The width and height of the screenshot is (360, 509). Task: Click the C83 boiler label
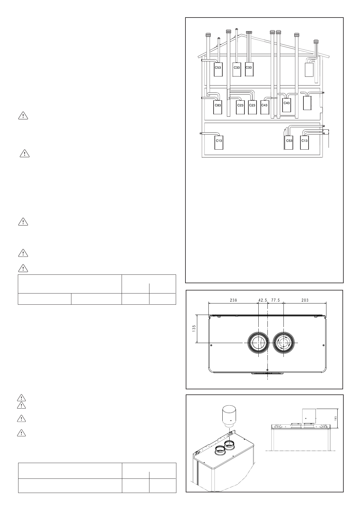pos(218,105)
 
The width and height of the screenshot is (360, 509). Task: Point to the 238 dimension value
pos(233,300)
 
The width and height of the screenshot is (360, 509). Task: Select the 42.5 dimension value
pos(263,300)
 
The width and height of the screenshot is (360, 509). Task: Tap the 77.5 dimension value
pos(276,300)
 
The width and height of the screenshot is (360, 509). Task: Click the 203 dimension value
pos(305,300)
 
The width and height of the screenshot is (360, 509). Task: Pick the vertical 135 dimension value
pos(194,328)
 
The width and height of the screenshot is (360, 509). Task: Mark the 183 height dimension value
pos(336,418)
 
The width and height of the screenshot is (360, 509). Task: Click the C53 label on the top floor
pos(218,67)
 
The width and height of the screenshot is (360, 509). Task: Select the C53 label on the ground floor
pos(289,141)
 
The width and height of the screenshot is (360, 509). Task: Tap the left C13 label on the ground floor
pos(219,141)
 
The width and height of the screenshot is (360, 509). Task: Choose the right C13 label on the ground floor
pos(304,141)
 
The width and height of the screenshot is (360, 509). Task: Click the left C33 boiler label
pos(237,67)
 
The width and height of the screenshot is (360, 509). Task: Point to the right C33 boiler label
pos(249,67)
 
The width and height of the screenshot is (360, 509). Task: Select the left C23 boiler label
pos(240,105)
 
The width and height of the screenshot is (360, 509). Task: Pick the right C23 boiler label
pos(252,105)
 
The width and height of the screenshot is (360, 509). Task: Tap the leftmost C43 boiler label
pos(264,105)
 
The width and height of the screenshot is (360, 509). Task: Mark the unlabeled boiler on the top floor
pos(309,70)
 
